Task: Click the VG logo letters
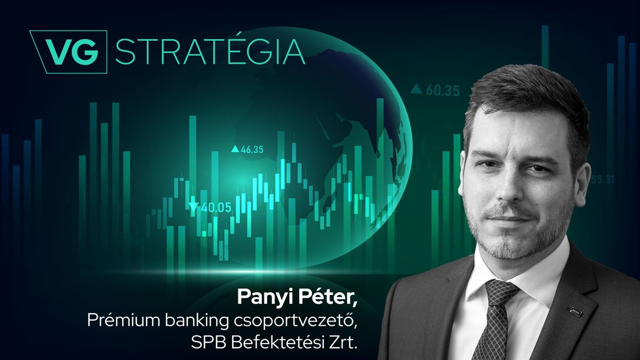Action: tap(73, 52)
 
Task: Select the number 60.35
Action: tap(443, 91)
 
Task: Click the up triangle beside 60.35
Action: tap(417, 89)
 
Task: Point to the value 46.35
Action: tap(252, 149)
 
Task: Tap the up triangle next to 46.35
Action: tap(235, 149)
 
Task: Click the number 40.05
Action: tap(216, 207)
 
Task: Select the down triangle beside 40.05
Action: tap(194, 207)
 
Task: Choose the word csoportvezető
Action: tap(296, 321)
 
